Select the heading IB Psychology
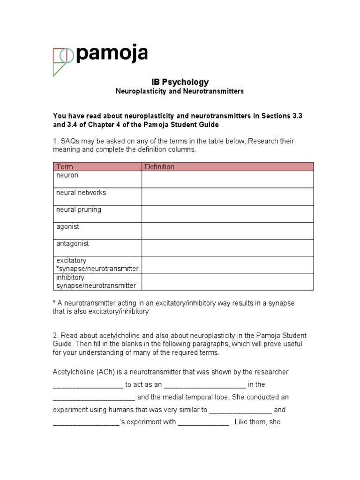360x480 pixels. coord(180,82)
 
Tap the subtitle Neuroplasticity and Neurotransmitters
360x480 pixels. coord(180,91)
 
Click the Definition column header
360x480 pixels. coord(159,166)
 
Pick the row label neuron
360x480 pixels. coord(67,175)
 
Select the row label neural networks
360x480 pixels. coord(81,192)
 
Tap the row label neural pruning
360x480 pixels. coord(78,210)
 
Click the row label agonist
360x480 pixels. coord(67,226)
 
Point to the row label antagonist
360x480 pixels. coord(72,244)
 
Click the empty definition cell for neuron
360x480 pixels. coord(227,179)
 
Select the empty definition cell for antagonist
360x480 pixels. coord(227,247)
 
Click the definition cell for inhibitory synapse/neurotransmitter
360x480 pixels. coord(227,282)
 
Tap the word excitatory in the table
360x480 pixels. coord(71,260)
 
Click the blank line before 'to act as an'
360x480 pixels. coord(88,385)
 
